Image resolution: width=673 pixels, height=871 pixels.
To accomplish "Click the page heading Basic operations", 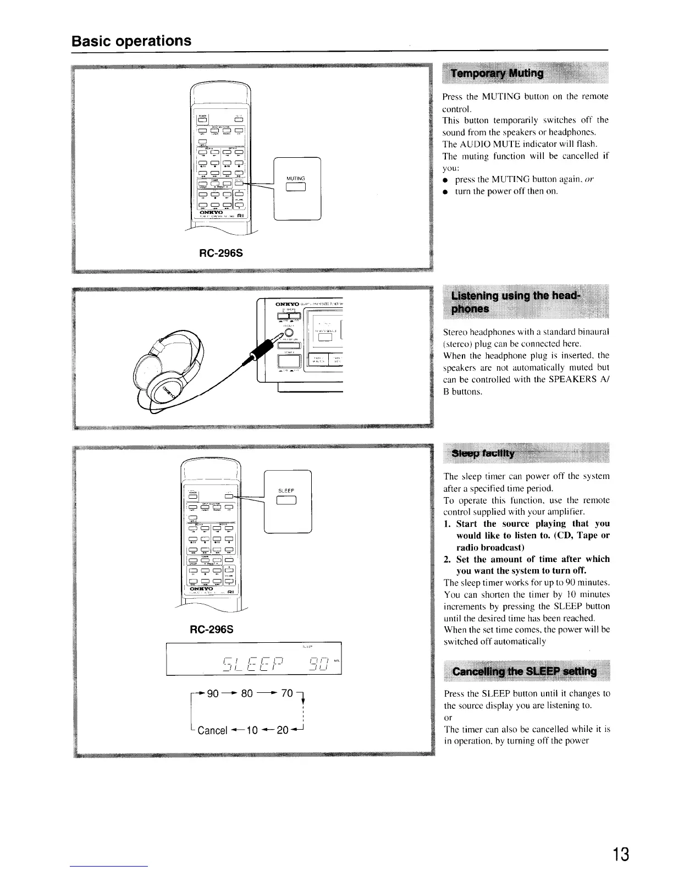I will (131, 41).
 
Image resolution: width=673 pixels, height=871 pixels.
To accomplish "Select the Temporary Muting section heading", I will (497, 74).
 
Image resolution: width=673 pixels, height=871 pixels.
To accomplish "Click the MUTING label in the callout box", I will (296, 178).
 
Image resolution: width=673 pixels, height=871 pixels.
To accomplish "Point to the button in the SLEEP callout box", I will (287, 500).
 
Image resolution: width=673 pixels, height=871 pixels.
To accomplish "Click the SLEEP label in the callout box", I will (286, 490).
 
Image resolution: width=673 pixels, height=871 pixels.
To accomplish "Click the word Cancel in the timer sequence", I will (212, 730).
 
